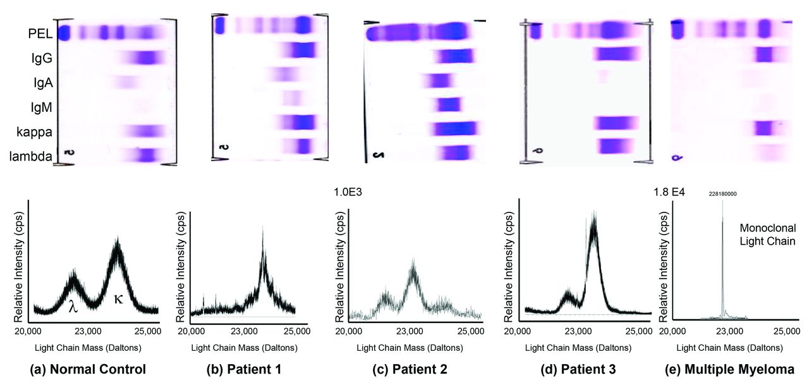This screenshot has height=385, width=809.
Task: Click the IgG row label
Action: coord(40,58)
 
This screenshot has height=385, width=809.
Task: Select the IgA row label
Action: coord(40,82)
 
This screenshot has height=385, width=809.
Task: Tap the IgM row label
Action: coord(40,107)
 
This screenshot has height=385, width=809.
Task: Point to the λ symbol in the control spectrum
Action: coord(73,307)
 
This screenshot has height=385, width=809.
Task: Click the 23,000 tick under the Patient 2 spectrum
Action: coord(410,331)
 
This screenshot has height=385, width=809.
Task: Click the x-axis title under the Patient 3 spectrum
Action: coord(579,347)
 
